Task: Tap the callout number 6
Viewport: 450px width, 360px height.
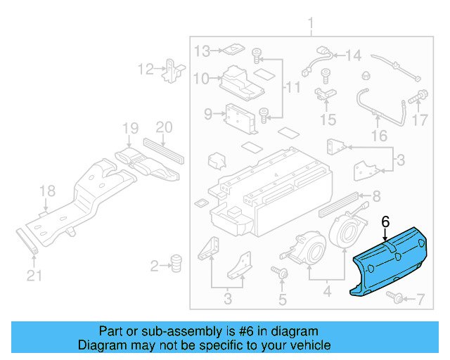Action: (385, 221)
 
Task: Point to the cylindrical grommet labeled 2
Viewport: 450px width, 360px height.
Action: (176, 264)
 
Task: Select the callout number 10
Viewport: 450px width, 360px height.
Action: (201, 79)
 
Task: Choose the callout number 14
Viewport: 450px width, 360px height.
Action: (352, 55)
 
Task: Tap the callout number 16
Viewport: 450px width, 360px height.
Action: (379, 135)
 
